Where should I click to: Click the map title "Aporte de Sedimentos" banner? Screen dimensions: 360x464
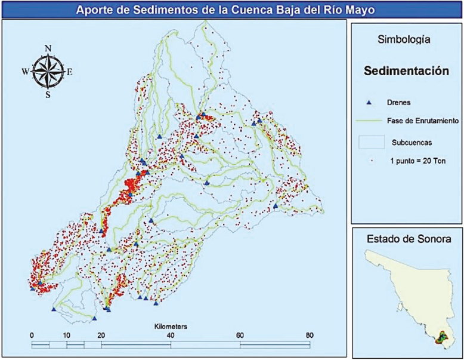(x=231, y=10)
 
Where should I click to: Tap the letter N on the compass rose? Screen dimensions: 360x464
(x=48, y=48)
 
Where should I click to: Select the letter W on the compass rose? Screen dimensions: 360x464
(x=26, y=71)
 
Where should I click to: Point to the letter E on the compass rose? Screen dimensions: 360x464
(x=69, y=72)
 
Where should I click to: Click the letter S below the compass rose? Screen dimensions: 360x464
(x=48, y=94)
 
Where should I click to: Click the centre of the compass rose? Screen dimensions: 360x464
(x=48, y=71)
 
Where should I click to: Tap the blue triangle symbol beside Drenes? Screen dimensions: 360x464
(x=369, y=103)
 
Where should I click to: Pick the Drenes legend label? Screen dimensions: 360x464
(x=398, y=103)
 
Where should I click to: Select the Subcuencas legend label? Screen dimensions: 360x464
(x=409, y=143)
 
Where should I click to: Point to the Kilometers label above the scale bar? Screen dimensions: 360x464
(x=171, y=327)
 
